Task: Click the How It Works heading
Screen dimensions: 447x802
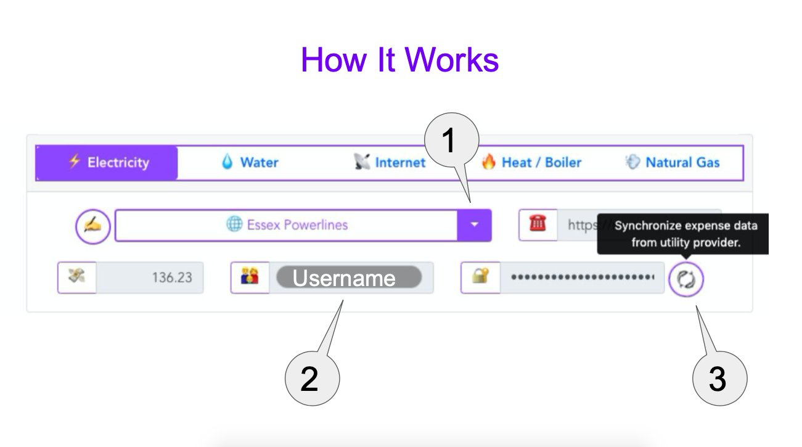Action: coord(399,60)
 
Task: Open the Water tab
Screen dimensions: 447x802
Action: coord(250,163)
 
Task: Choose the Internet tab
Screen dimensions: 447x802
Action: coord(390,163)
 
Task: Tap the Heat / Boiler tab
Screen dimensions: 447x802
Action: coord(531,163)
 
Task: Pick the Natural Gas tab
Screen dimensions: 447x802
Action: coord(673,163)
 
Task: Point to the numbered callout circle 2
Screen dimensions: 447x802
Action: coord(312,379)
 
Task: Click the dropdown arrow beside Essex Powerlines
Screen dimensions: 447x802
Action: coord(474,225)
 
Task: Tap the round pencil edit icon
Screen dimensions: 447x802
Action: coord(92,226)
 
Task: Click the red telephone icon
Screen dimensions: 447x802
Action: coord(538,224)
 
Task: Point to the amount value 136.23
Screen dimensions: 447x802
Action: coord(171,278)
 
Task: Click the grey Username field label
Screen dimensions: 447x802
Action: coord(348,278)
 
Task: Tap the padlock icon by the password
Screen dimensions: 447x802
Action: coord(480,277)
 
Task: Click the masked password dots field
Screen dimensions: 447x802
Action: coord(582,277)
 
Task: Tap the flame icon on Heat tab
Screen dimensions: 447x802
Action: coord(489,163)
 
